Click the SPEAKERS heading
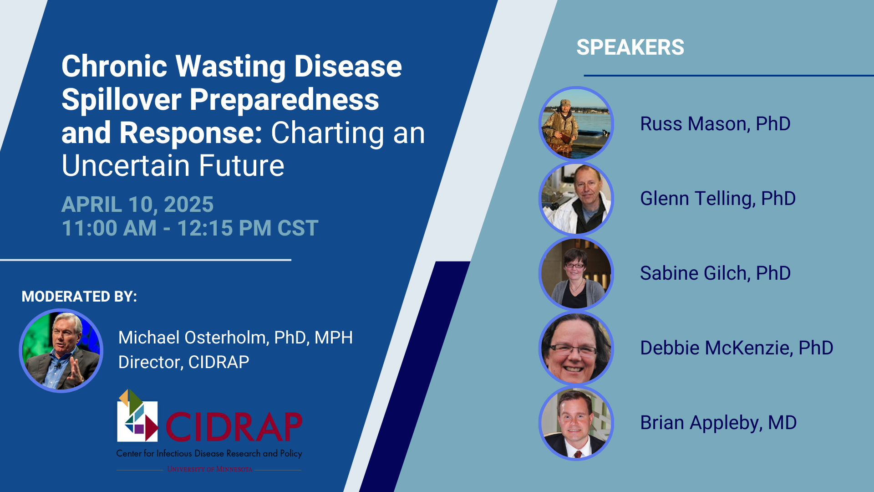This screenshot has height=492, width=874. coord(630,47)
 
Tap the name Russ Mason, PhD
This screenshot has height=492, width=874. coord(715,124)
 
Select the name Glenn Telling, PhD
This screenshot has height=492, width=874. coord(718,199)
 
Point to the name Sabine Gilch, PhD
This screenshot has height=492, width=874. coord(715,273)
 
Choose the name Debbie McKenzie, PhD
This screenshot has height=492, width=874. coord(737,348)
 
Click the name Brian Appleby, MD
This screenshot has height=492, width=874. coord(718,423)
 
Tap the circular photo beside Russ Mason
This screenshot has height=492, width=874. coord(576,123)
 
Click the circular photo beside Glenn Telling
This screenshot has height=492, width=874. coord(576,198)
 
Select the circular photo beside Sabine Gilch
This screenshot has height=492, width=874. coord(576,273)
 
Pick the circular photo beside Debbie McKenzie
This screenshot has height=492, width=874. coord(576,348)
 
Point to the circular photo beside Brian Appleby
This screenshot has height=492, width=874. coord(576,423)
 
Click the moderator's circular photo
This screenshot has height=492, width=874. coord(61,350)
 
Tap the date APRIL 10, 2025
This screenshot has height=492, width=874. coord(137,205)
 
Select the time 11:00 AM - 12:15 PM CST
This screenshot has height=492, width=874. coord(190,228)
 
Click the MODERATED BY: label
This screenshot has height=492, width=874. coord(79,297)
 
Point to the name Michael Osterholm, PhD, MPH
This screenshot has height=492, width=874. coord(235,338)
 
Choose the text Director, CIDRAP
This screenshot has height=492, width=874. coord(184,362)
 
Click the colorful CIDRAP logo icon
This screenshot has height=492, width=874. coord(137,415)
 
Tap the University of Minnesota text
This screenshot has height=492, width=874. coord(209,469)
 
